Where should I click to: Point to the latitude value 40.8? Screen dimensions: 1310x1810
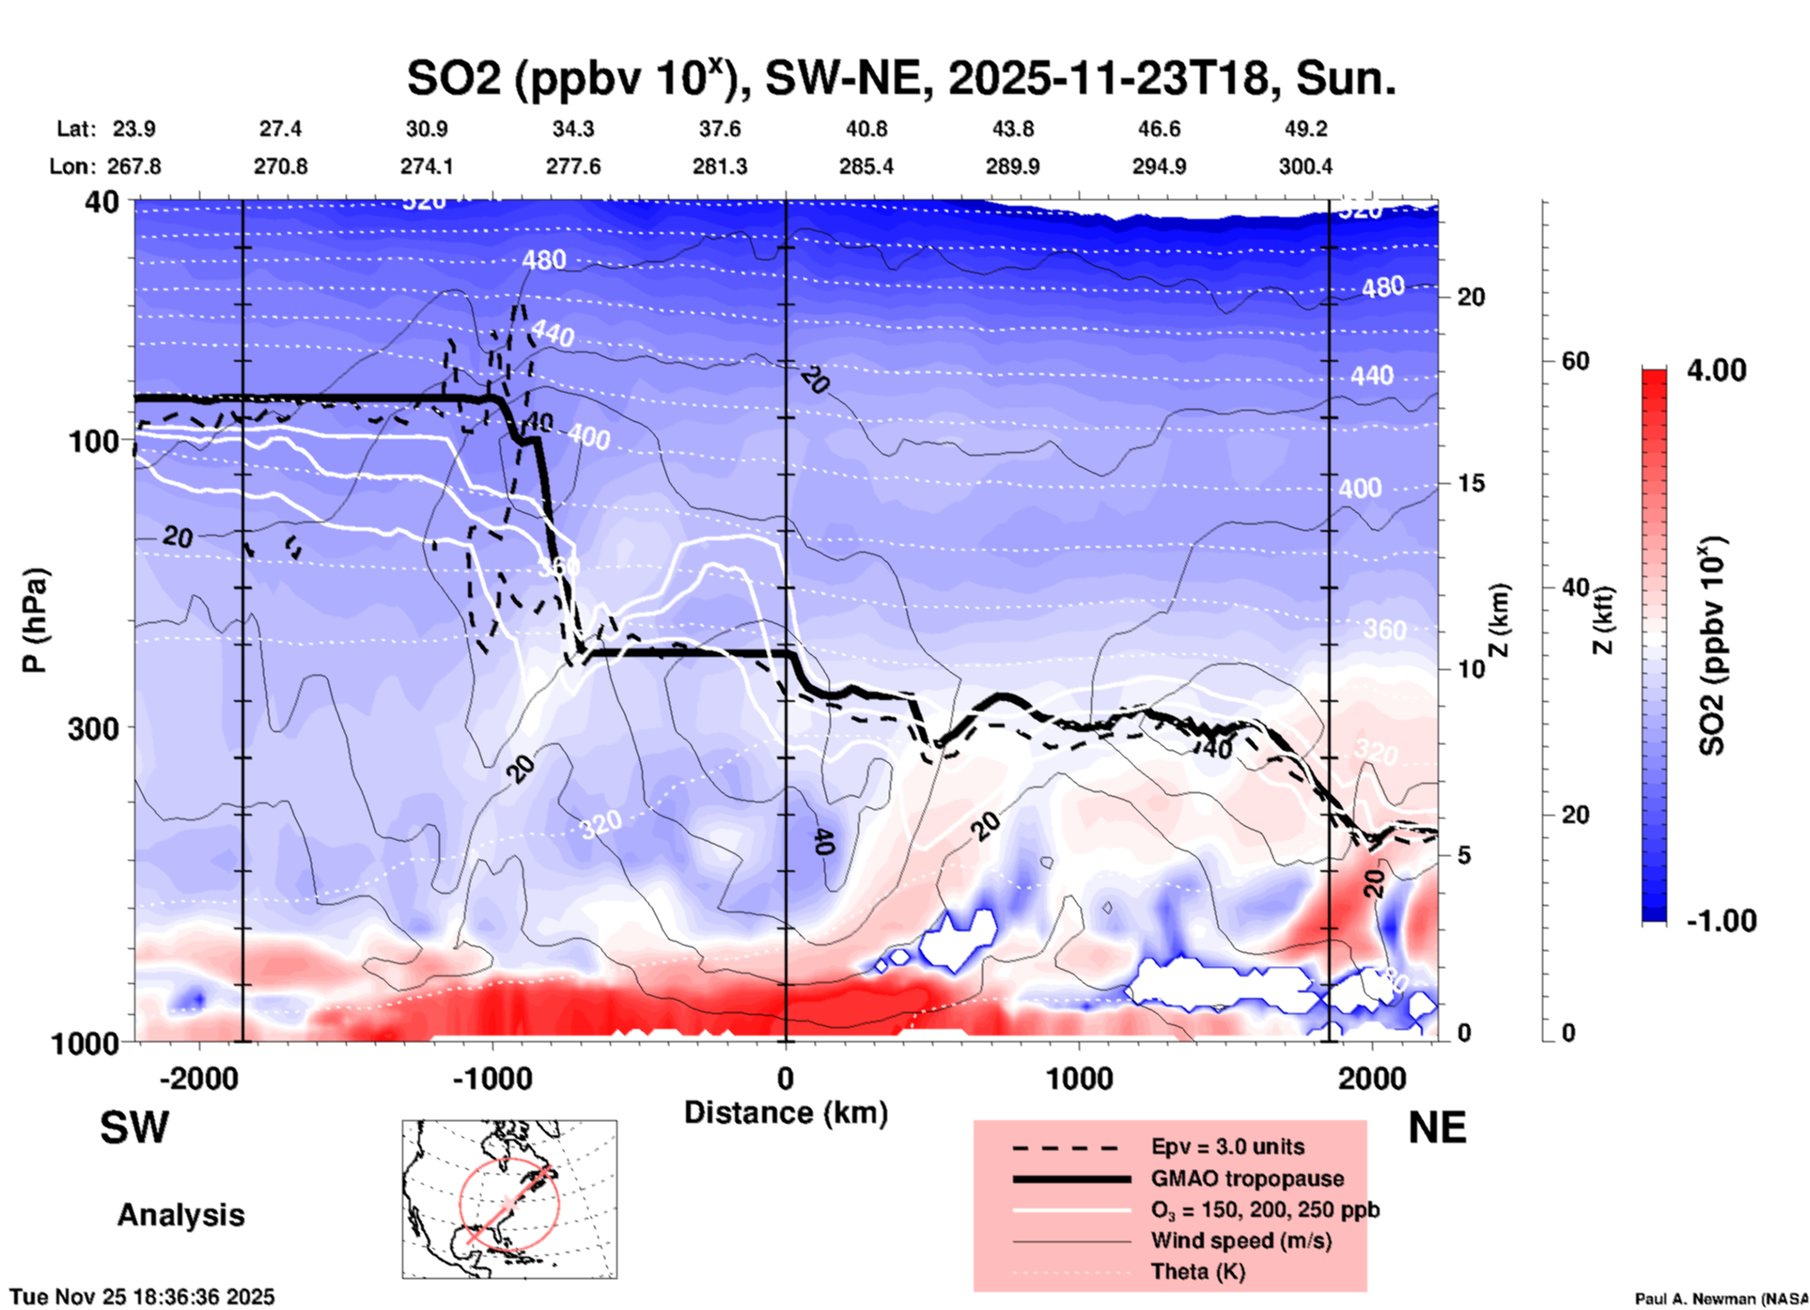point(866,129)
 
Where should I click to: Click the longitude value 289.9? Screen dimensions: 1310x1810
point(1012,166)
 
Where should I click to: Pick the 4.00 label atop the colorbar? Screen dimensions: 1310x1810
point(1716,370)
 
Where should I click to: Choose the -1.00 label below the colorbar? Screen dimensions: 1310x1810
point(1720,921)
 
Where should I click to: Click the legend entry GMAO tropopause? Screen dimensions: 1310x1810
point(1247,1178)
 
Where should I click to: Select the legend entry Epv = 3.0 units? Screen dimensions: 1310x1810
point(1227,1146)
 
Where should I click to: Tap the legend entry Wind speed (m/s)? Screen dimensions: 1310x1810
point(1240,1240)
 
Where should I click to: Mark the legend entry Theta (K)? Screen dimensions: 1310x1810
point(1197,1272)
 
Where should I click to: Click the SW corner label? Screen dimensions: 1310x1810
point(134,1128)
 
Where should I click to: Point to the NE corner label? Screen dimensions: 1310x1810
point(1437,1128)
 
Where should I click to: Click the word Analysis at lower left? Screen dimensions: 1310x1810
point(180,1215)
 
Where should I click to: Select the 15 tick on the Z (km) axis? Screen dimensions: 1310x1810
point(1471,483)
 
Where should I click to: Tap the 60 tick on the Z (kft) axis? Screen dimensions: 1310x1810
point(1575,361)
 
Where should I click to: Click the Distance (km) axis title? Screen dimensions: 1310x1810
point(786,1113)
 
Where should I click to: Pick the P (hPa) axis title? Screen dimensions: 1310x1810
point(35,620)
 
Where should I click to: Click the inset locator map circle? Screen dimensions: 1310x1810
point(509,1203)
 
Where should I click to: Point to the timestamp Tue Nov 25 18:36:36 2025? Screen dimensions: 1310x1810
point(143,1297)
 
